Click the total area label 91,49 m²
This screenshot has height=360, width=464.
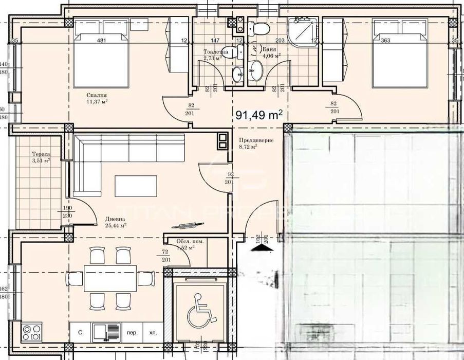(x=259, y=115)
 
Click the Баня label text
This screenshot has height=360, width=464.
(x=270, y=50)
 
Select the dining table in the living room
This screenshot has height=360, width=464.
(x=110, y=279)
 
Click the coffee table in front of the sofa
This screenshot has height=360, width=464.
(x=136, y=186)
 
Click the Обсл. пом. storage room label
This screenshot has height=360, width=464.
(x=185, y=242)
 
